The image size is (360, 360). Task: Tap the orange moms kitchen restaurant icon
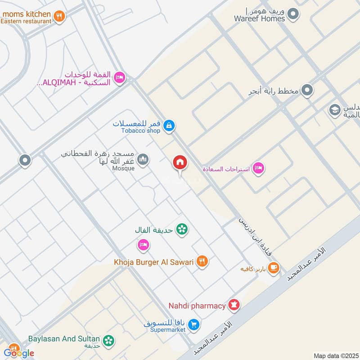point(59,17)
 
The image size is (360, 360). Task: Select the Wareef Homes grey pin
point(293,14)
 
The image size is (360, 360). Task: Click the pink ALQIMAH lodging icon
point(119,78)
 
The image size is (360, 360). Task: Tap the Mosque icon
point(143,160)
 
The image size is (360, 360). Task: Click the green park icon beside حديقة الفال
point(182,229)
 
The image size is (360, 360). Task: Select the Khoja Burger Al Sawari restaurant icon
point(202,261)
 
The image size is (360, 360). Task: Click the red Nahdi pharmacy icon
point(234,306)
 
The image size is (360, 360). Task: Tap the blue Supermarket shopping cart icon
point(193,324)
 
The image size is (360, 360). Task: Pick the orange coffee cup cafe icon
point(273,269)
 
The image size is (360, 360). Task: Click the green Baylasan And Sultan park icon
point(108,341)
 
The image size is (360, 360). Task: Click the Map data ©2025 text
point(335,355)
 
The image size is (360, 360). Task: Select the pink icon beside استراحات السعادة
point(258,168)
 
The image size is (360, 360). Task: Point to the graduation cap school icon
point(335,109)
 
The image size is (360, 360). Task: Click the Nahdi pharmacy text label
point(197,306)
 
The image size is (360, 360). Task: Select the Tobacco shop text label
point(140,131)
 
